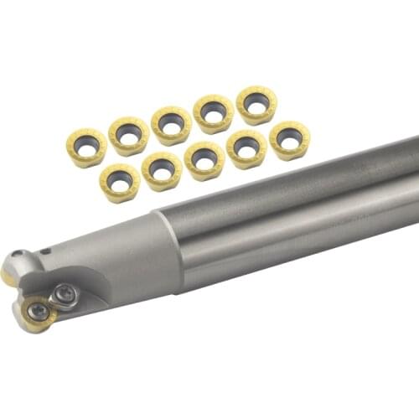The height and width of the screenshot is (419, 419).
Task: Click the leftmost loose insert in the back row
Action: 86,147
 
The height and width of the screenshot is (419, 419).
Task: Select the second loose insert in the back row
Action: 129,135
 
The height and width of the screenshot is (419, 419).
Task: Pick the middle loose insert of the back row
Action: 171,125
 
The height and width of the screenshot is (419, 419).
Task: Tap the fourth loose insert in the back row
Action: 214,113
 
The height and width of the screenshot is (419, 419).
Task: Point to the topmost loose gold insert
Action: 256,105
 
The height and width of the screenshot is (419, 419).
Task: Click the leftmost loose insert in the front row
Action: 120,182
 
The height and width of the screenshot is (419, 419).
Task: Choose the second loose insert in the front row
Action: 163,170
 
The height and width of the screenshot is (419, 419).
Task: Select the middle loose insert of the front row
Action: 205,160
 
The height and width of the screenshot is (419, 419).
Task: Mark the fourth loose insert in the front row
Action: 247,149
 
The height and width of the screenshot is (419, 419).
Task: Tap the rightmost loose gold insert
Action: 290,139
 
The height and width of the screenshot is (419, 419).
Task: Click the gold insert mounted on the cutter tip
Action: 37,313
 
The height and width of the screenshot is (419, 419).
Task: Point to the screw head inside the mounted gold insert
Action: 38,311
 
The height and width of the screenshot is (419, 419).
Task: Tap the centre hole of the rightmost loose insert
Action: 290,137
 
